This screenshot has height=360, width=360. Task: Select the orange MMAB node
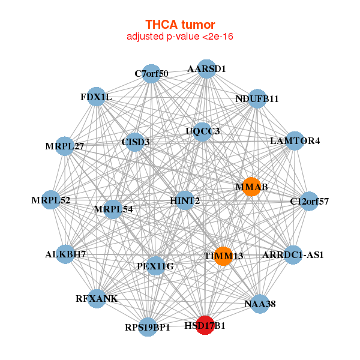click(x=251, y=187)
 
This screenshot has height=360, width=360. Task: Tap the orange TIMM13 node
click(x=223, y=256)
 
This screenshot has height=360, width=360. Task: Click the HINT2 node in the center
click(x=185, y=200)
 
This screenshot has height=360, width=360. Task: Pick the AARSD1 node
click(x=206, y=68)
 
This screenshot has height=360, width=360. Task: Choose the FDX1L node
click(x=97, y=97)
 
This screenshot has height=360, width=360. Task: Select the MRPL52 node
click(x=52, y=200)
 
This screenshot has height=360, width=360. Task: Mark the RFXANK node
click(x=97, y=298)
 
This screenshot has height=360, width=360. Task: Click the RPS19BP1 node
click(x=148, y=327)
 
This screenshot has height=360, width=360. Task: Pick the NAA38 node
click(x=260, y=304)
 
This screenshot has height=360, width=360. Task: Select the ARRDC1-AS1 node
click(x=293, y=255)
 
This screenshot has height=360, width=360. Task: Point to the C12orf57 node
click(x=308, y=200)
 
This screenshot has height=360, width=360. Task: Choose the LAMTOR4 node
click(x=295, y=141)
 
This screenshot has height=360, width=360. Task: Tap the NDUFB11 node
click(x=257, y=98)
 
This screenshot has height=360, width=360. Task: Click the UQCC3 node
click(x=203, y=131)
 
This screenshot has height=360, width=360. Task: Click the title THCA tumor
click(x=180, y=25)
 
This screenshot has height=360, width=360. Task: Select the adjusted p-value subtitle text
click(x=180, y=37)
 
